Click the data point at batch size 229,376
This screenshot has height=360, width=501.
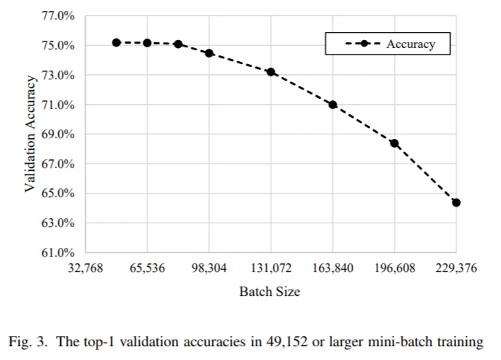coord(456,202)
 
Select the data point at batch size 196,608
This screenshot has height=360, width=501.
coord(395,143)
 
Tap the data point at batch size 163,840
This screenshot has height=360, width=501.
coord(332,105)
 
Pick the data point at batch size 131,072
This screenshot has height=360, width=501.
coord(271,72)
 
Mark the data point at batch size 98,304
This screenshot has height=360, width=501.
coord(209,53)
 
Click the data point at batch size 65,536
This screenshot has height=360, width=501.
coord(148,43)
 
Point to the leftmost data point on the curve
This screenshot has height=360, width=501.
coord(116,42)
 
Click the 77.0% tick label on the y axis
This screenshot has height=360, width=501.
coord(58,16)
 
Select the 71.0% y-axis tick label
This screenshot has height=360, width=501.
coord(58,105)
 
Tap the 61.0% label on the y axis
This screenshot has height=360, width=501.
coord(58,252)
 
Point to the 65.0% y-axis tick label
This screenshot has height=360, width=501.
coord(58,193)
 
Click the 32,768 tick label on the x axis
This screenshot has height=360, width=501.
coord(85,268)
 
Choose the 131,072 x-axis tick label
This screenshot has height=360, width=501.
coord(271,268)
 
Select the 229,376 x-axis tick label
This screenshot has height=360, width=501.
coord(456,268)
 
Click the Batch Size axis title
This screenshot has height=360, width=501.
coord(270,292)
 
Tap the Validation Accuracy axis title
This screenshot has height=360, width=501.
coord(30,134)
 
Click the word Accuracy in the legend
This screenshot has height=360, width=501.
coord(411,44)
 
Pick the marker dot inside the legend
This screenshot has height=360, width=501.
coord(364,44)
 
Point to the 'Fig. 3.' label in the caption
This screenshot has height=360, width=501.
coord(28,342)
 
